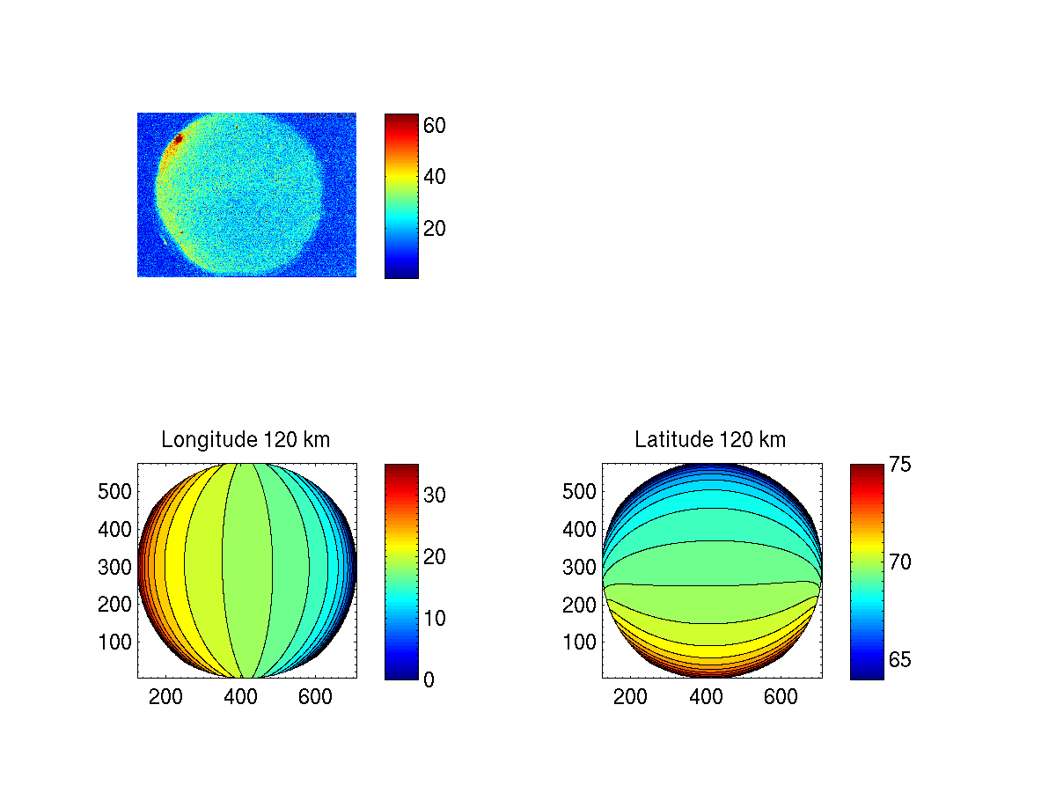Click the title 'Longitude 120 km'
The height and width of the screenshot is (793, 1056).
click(x=246, y=440)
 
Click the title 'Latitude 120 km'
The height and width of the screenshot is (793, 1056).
click(x=710, y=440)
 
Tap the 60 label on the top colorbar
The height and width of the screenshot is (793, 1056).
click(x=435, y=126)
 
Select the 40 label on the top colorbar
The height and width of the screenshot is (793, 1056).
click(x=435, y=177)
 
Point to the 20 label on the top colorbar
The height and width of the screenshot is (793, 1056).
click(x=435, y=229)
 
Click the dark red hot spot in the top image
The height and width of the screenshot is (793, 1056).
click(x=178, y=138)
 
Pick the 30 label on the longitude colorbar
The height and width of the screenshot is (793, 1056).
click(x=435, y=496)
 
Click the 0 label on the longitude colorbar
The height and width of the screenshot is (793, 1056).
click(x=429, y=679)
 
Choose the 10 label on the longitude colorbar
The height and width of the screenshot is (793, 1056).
click(x=435, y=619)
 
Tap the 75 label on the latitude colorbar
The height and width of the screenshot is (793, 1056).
click(x=899, y=464)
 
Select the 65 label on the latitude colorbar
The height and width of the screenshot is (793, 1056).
click(x=899, y=660)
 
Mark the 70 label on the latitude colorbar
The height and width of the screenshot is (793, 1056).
click(x=899, y=562)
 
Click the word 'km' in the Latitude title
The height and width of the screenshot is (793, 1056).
click(x=771, y=440)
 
